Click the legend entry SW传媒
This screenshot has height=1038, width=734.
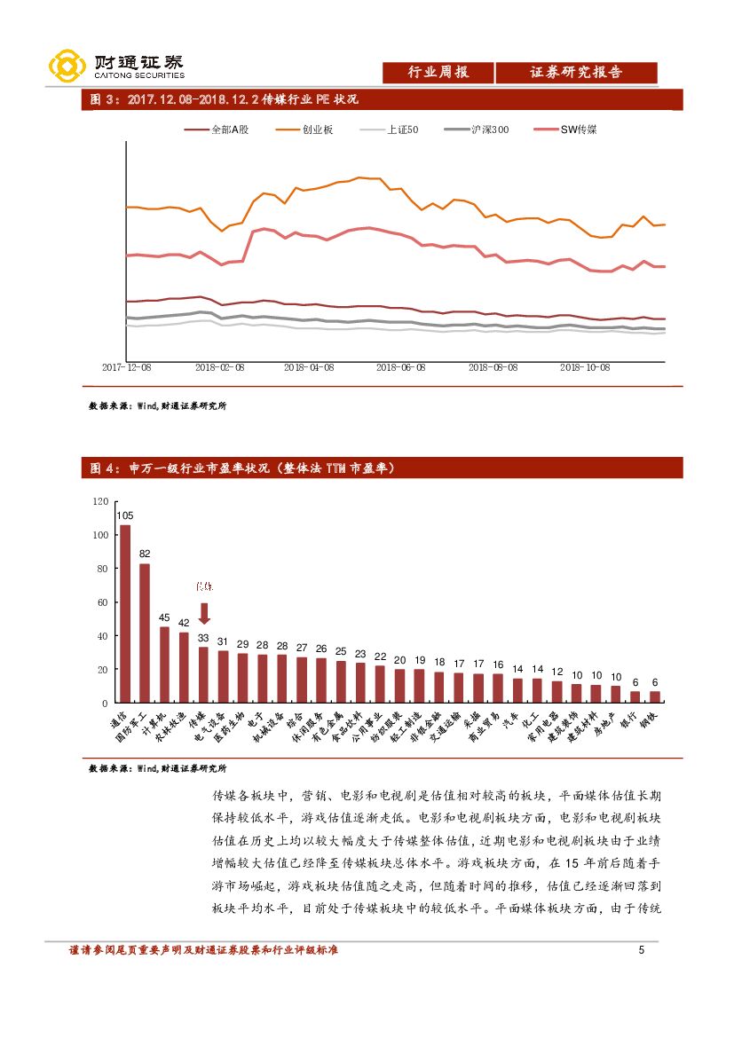578,130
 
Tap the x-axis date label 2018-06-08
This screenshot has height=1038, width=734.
400,366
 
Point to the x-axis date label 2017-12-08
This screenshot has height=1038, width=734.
126,366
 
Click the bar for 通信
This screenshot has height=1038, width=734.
125,613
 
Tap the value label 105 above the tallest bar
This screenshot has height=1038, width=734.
125,515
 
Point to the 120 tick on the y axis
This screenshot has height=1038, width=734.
100,502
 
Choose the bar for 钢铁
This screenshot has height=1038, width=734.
655,696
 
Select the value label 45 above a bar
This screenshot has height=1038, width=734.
164,617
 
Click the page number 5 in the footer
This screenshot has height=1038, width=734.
641,950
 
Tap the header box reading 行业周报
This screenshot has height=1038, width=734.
438,73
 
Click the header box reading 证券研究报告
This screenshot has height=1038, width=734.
576,73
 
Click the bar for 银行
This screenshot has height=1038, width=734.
635,696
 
